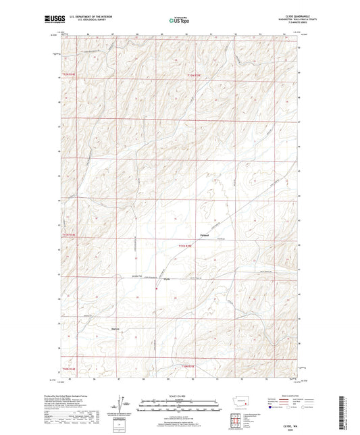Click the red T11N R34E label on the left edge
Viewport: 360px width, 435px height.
[x=70, y=234]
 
